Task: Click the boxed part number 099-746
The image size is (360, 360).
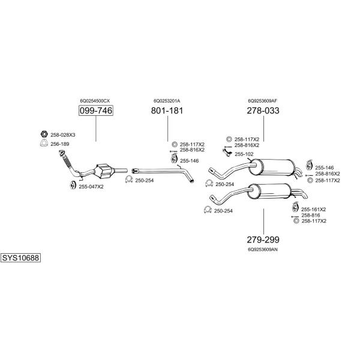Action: tap(96, 110)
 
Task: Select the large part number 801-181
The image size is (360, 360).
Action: tap(167, 110)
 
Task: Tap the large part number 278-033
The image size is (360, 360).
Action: tap(263, 110)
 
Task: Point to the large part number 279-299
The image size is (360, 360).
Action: tap(263, 239)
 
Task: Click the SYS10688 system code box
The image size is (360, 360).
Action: tap(20, 258)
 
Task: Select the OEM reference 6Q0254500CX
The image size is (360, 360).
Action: tap(95, 101)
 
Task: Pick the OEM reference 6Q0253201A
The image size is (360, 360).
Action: tap(167, 101)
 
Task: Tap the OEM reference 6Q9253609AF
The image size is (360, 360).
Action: tap(262, 101)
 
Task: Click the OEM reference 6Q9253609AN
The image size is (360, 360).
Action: tap(263, 250)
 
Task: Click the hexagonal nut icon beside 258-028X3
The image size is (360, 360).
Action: tap(44, 134)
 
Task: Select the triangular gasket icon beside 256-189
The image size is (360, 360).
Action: tap(44, 143)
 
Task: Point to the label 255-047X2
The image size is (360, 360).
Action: tap(91, 187)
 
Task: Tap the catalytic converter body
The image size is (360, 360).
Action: tap(104, 170)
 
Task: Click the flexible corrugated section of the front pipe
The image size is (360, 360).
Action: tap(67, 161)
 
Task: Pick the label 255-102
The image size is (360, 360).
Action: tap(244, 154)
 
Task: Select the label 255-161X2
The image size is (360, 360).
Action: tap(313, 209)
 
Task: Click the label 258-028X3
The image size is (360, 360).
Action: tap(62, 135)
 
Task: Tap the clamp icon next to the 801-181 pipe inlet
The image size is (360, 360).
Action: tap(129, 179)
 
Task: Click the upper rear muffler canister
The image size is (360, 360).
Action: tap(272, 167)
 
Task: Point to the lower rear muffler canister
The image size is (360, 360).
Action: tap(269, 191)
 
